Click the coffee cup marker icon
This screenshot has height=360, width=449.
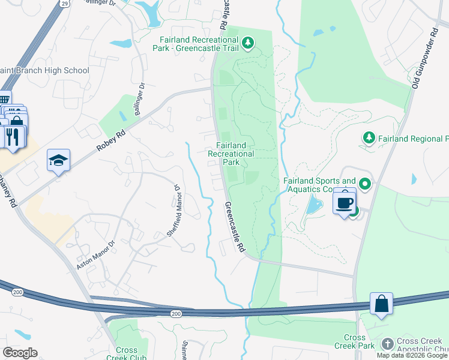345,203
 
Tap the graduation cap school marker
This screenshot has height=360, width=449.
58,160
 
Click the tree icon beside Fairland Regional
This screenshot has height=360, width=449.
369,139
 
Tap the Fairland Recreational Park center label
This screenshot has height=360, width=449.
231,154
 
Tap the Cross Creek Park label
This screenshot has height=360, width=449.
354,341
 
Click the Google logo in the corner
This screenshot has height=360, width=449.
20,352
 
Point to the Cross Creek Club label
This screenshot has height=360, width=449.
126,354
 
